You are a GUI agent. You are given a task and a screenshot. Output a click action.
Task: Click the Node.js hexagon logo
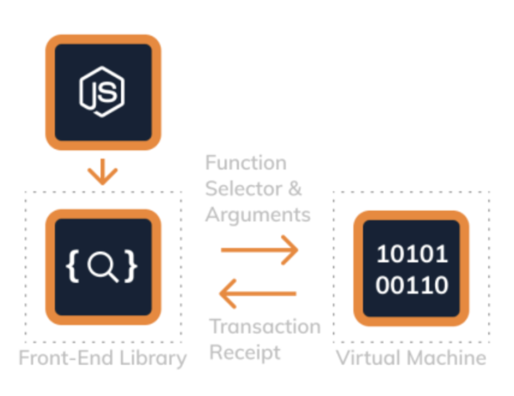pos(102,92)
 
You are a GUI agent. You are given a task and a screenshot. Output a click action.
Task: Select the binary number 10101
pos(412,254)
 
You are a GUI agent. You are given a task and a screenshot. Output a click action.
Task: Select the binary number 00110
pos(412,285)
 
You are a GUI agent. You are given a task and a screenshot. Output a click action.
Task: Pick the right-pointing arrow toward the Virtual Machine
pos(259,250)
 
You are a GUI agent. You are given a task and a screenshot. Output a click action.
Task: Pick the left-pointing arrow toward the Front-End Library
pos(258,293)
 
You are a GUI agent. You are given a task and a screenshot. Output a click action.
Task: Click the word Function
pos(245,163)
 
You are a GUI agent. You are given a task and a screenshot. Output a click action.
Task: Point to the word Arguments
pos(258,214)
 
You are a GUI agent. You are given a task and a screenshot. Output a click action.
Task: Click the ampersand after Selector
pos(295,189)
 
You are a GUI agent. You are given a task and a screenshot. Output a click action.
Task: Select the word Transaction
pos(265,326)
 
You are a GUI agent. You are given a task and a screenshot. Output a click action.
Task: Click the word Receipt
pos(245,352)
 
